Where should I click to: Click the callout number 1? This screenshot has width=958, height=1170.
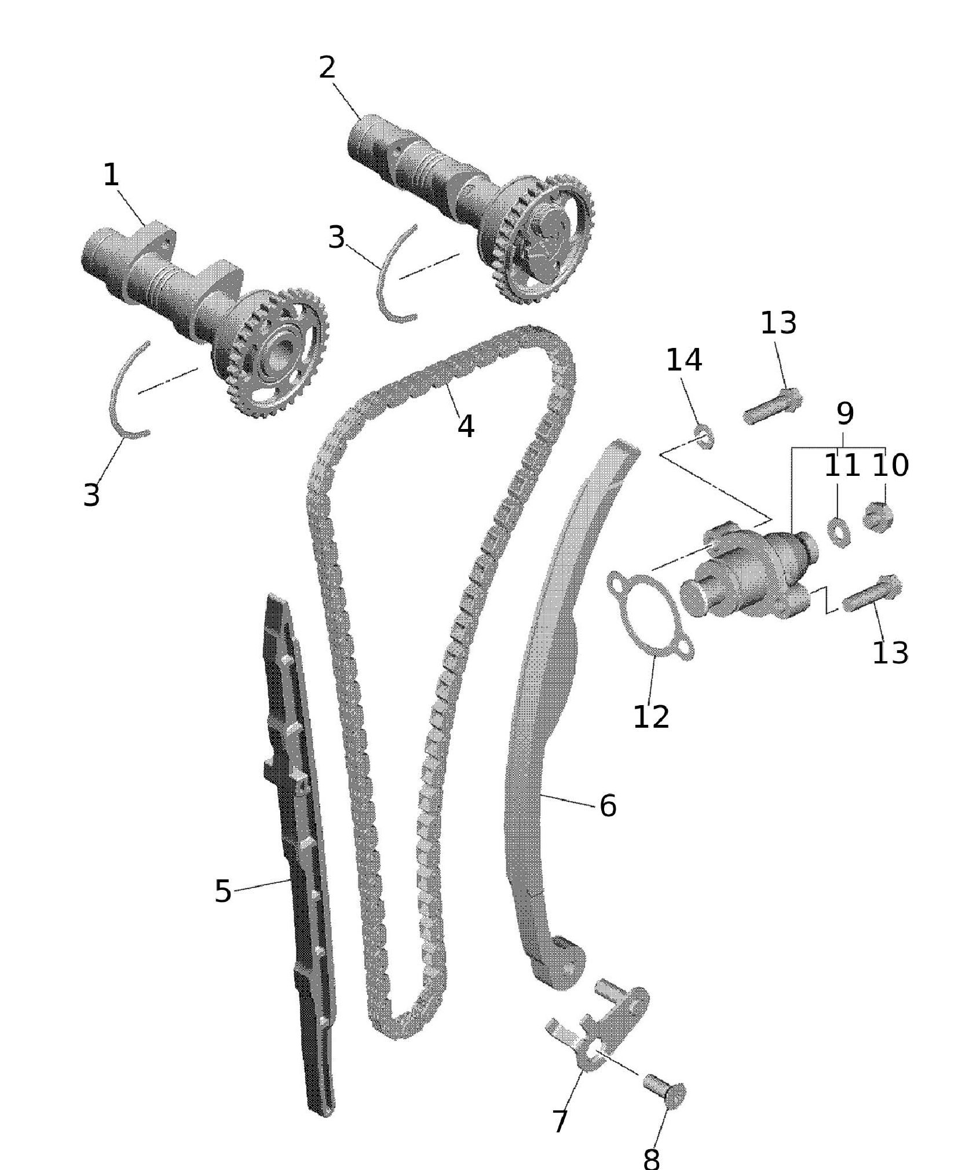(x=111, y=175)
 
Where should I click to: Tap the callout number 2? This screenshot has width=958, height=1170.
(x=327, y=69)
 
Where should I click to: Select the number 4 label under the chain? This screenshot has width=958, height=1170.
(x=466, y=427)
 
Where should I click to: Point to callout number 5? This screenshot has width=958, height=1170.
(x=223, y=891)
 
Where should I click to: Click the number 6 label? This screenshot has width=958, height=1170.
(x=608, y=805)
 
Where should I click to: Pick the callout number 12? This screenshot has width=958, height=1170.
(x=651, y=717)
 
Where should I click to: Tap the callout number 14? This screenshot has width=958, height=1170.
(x=684, y=360)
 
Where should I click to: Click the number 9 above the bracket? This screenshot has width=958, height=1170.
(x=845, y=413)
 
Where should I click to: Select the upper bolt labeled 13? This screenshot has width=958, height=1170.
(x=771, y=406)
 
